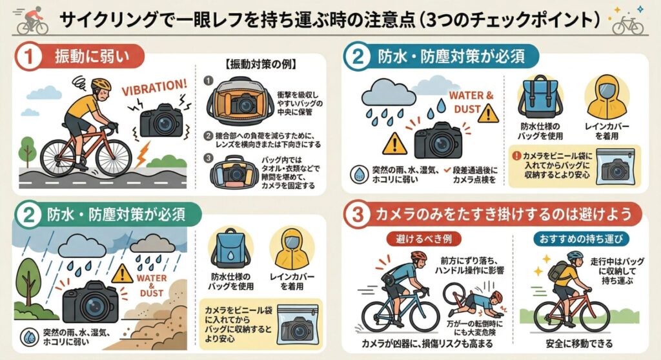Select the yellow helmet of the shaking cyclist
point(101,85)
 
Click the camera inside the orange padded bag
point(244,103)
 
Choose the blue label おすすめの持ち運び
point(570,239)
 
